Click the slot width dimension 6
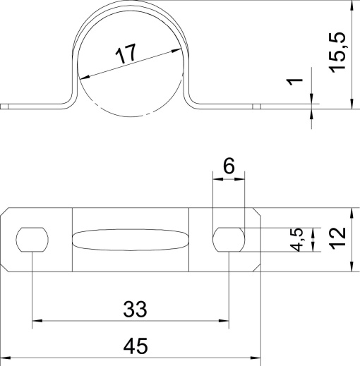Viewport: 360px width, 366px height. [229, 166]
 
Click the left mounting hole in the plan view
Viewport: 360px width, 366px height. [32, 240]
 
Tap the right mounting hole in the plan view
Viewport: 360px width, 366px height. [229, 240]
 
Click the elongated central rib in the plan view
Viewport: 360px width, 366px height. [131, 240]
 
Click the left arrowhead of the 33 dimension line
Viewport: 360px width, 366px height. [37, 322]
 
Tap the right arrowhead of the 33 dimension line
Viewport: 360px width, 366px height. [224, 322]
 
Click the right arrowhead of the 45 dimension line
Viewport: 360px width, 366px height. [257, 359]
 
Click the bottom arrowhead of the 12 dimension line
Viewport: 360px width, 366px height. [351, 267]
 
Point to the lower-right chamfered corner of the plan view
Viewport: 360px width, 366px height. [256, 268]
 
